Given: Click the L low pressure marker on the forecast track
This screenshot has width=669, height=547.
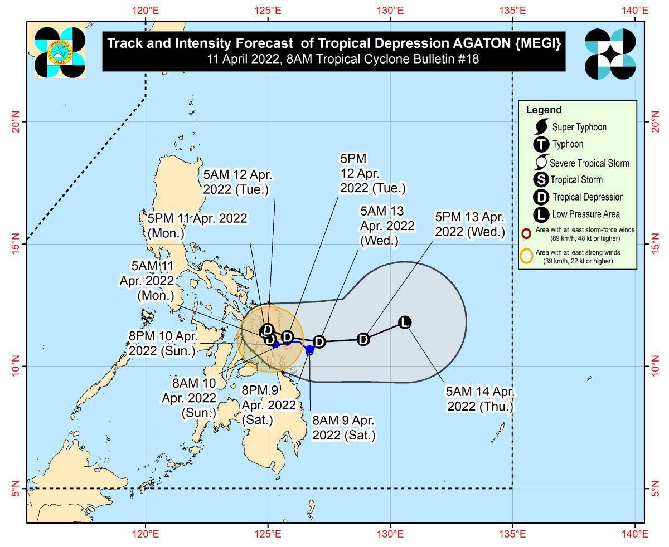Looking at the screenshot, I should pos(405,322).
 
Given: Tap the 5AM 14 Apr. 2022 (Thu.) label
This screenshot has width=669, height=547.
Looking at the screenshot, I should pos(481,399).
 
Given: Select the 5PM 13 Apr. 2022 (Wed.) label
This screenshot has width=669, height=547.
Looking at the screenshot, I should pos(470,224).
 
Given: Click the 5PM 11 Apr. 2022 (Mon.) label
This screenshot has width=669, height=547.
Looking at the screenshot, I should pos(197,225).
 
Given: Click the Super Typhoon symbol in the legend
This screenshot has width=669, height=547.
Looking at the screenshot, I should pos(541,127).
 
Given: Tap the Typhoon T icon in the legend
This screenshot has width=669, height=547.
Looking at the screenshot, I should pos(541,145).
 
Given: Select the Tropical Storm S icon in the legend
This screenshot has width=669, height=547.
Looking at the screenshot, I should pos(541,180).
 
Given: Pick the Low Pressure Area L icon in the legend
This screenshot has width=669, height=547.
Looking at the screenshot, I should pos(541,214).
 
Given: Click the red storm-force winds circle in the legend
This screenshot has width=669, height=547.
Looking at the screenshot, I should pos(526,233).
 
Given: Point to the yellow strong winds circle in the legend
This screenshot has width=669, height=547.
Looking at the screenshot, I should pos(526,256).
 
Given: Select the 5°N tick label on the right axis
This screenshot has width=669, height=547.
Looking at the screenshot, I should pos(653,489).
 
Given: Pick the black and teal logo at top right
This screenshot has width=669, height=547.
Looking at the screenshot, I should pos(610,54).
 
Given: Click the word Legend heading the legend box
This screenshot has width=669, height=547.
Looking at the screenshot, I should pos(544,110).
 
